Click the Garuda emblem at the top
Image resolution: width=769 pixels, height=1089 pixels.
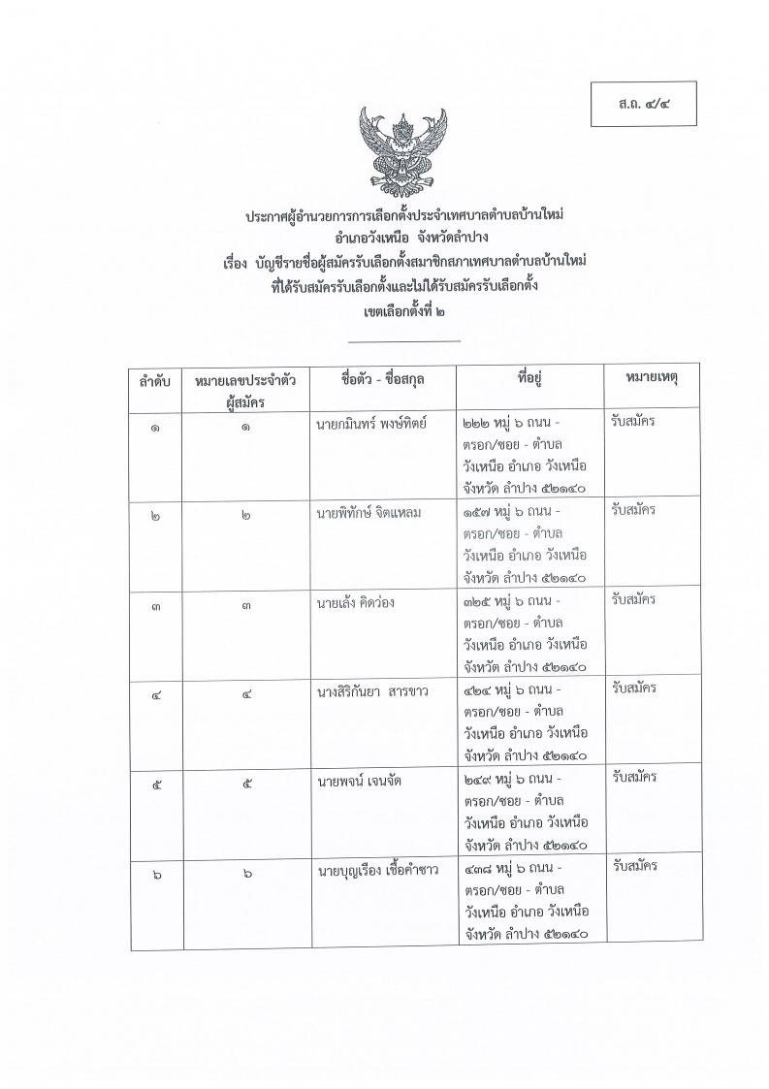(x=402, y=150)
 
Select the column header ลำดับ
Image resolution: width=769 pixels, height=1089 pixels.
(x=154, y=383)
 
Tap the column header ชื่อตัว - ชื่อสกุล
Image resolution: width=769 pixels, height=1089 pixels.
(x=382, y=379)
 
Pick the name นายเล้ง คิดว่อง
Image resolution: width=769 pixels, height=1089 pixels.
(x=355, y=601)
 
